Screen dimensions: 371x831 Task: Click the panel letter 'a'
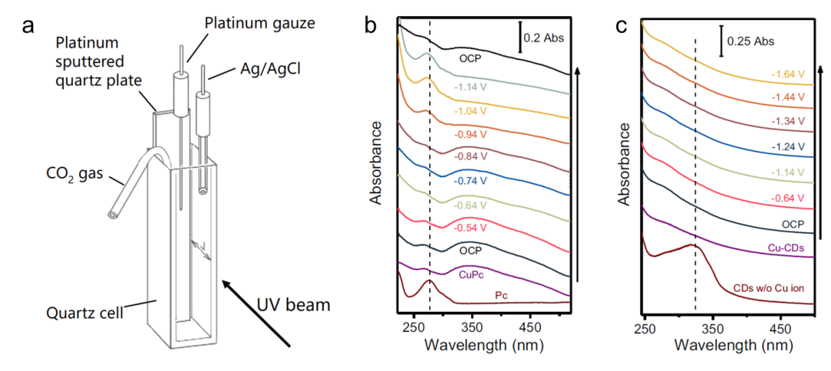pyautogui.click(x=29, y=25)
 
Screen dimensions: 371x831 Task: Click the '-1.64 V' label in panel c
pyautogui.click(x=787, y=76)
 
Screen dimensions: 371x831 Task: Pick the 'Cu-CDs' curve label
pyautogui.click(x=786, y=248)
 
